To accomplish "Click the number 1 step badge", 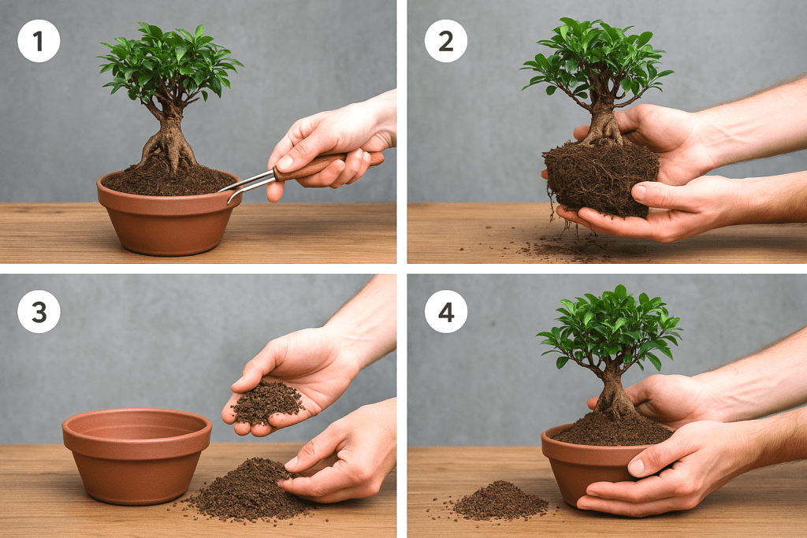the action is tap(39, 41).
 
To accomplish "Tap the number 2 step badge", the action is tap(446, 41).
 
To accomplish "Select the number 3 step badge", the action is tap(39, 312).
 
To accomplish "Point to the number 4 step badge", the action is tap(446, 312).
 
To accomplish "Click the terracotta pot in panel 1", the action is tap(169, 216).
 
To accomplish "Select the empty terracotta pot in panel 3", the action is tap(137, 455).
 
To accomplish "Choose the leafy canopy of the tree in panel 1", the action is tap(169, 61).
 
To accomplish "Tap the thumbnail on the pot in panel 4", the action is tap(637, 467).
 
